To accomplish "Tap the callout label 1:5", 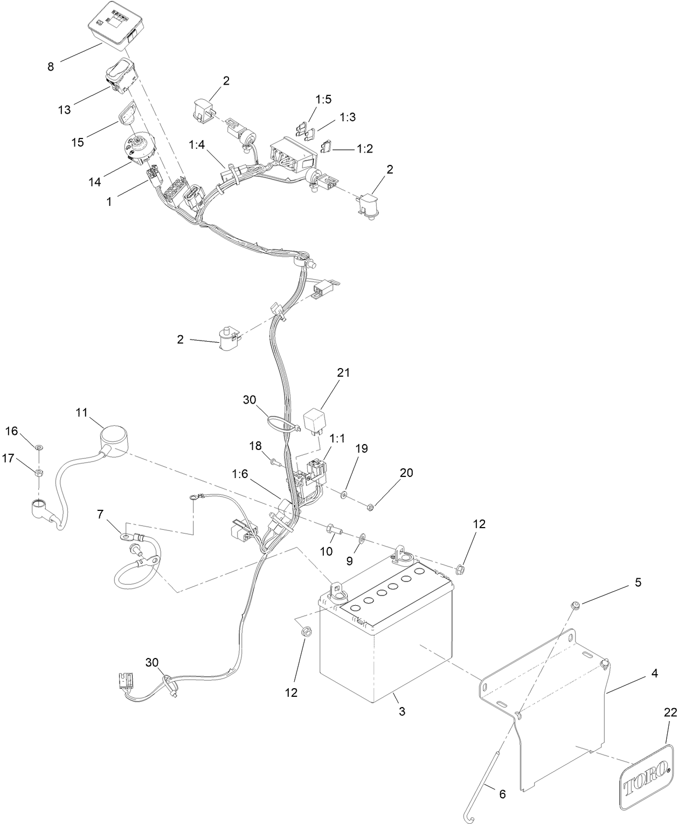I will (x=323, y=99).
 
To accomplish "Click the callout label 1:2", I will (x=365, y=149).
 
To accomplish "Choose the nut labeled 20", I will (x=370, y=507).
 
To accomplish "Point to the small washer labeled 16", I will (x=39, y=447).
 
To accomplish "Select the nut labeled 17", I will (x=39, y=473).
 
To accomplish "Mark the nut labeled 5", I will (x=576, y=604).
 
